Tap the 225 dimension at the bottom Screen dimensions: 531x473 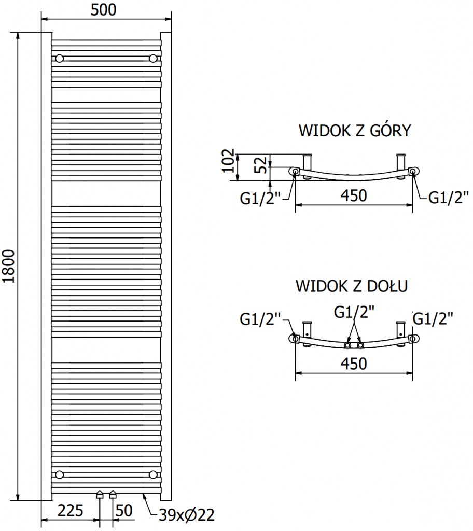pyautogui.click(x=71, y=511)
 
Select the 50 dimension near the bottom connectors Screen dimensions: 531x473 pyautogui.click(x=123, y=511)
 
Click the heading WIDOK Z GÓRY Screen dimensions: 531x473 pyautogui.click(x=354, y=131)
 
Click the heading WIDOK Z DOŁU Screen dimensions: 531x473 pyautogui.click(x=352, y=286)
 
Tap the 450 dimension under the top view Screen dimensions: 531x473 pyautogui.click(x=354, y=196)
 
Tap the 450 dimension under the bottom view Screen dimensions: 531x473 pyautogui.click(x=354, y=364)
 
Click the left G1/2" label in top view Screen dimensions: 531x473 pyautogui.click(x=260, y=199)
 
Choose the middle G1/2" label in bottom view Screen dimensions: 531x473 pyautogui.click(x=354, y=312)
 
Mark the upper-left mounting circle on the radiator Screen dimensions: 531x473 pyautogui.click(x=60, y=58)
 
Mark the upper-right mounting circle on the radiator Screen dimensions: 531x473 pyautogui.click(x=153, y=58)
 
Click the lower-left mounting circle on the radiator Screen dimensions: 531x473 pyautogui.click(x=60, y=474)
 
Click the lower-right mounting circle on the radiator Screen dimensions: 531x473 pyautogui.click(x=153, y=474)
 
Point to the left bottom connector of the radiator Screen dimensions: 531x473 pyautogui.click(x=100, y=495)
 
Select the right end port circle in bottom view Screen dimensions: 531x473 pyautogui.click(x=412, y=339)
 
